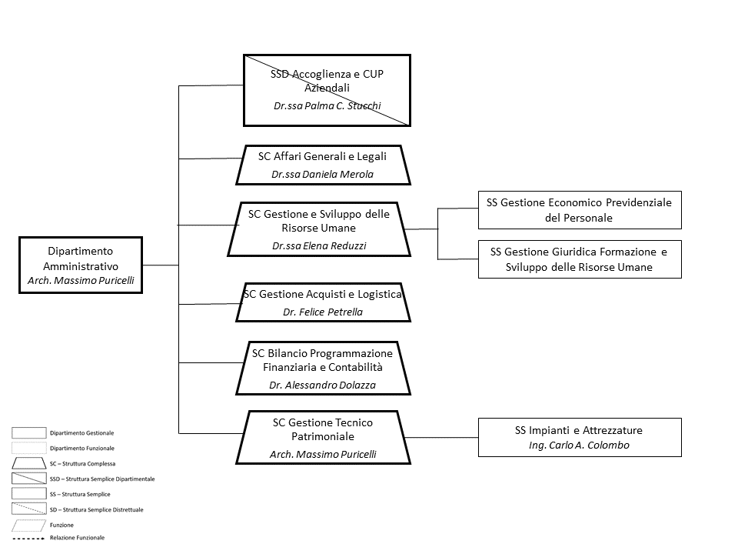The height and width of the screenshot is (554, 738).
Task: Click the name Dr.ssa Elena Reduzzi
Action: (x=319, y=246)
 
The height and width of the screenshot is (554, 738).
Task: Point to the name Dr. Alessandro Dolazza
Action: (x=322, y=385)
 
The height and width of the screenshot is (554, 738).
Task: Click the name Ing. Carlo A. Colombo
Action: (x=579, y=446)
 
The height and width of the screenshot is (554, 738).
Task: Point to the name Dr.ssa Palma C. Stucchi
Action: (x=327, y=106)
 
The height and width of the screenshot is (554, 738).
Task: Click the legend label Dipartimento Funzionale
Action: (x=82, y=449)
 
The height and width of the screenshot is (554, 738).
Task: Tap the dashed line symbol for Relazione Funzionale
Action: (x=28, y=539)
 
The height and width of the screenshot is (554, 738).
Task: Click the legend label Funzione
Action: (x=61, y=526)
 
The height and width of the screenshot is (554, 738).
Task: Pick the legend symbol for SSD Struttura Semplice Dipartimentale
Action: (x=28, y=479)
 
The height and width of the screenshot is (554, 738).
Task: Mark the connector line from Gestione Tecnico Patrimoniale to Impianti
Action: (x=441, y=438)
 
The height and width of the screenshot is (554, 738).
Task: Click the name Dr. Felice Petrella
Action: (x=323, y=312)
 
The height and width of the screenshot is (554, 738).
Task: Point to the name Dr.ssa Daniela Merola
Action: (x=322, y=175)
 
